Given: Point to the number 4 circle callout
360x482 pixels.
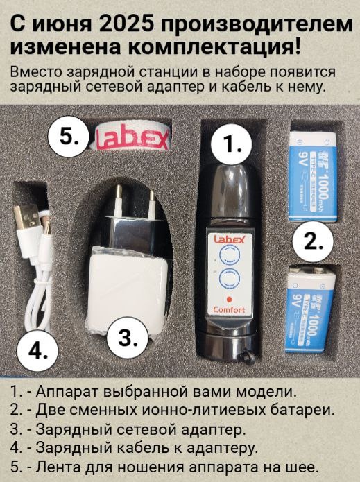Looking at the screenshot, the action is click(37, 350).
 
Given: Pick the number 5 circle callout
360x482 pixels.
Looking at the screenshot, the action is click(68, 136).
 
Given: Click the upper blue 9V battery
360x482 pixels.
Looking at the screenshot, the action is click(314, 176).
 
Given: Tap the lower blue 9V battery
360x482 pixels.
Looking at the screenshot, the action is click(310, 309).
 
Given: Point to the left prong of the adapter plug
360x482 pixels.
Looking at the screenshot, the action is click(118, 200).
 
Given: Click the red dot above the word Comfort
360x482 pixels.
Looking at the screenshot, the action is click(229, 299).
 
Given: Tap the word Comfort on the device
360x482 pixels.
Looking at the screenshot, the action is click(229, 309).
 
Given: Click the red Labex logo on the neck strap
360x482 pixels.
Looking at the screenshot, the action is click(132, 139).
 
